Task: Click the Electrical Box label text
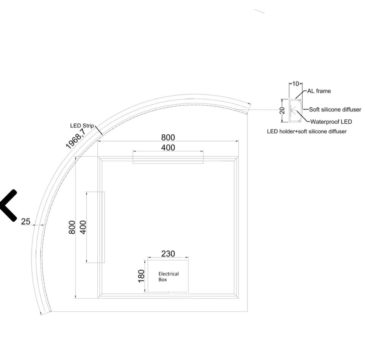(x=168, y=277)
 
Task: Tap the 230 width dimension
(x=168, y=253)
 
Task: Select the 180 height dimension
(x=141, y=276)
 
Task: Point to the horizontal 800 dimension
(x=168, y=137)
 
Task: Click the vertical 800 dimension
(x=72, y=227)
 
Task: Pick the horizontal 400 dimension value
(x=168, y=148)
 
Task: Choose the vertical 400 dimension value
(x=83, y=227)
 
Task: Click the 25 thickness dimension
(x=25, y=221)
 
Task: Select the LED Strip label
(x=82, y=126)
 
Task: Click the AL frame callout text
(x=319, y=91)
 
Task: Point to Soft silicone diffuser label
(x=335, y=110)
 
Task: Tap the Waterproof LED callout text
(x=331, y=122)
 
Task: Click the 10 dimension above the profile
(x=295, y=84)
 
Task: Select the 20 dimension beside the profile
(x=282, y=110)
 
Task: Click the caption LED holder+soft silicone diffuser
(x=307, y=131)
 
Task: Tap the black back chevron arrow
(x=8, y=205)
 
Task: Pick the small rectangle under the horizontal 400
(x=168, y=160)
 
